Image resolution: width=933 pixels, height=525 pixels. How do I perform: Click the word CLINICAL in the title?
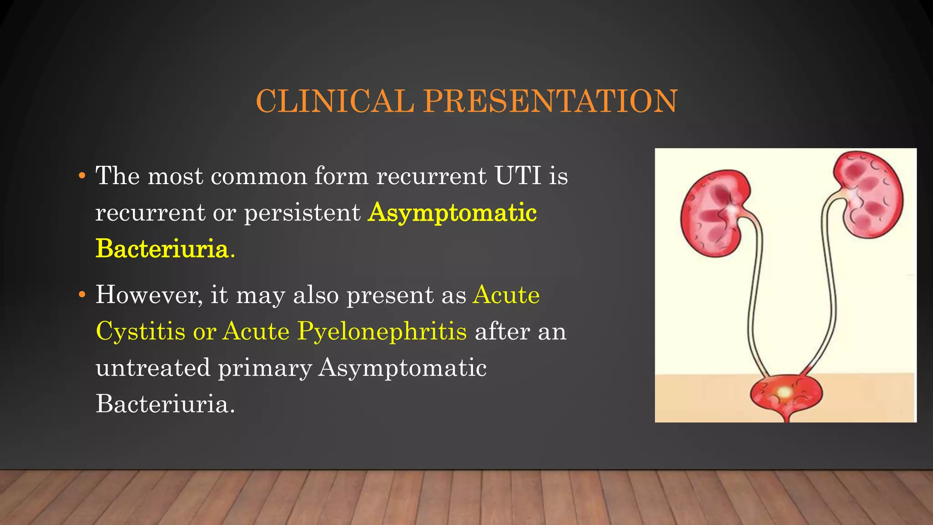pyautogui.click(x=334, y=101)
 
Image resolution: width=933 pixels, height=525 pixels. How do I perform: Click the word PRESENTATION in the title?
pyautogui.click(x=550, y=101)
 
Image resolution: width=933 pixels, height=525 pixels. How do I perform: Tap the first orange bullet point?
pyautogui.click(x=82, y=176)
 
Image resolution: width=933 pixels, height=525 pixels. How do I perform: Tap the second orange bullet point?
pyautogui.click(x=82, y=295)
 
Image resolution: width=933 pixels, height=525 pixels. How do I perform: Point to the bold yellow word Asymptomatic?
pyautogui.click(x=452, y=213)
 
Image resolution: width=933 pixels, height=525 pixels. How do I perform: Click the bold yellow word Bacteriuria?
pyautogui.click(x=162, y=249)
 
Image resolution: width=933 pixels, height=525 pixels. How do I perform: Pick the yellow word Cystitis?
pyautogui.click(x=140, y=331)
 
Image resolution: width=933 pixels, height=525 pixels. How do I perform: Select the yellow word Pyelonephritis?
pyautogui.click(x=382, y=331)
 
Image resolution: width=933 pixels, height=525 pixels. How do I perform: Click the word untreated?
pyautogui.click(x=153, y=368)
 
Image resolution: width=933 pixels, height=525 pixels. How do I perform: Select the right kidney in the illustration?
pyautogui.click(x=868, y=194)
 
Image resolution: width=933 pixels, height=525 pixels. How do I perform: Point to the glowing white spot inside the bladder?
pyautogui.click(x=784, y=392)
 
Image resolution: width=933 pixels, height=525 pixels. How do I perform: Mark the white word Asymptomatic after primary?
pyautogui.click(x=402, y=368)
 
